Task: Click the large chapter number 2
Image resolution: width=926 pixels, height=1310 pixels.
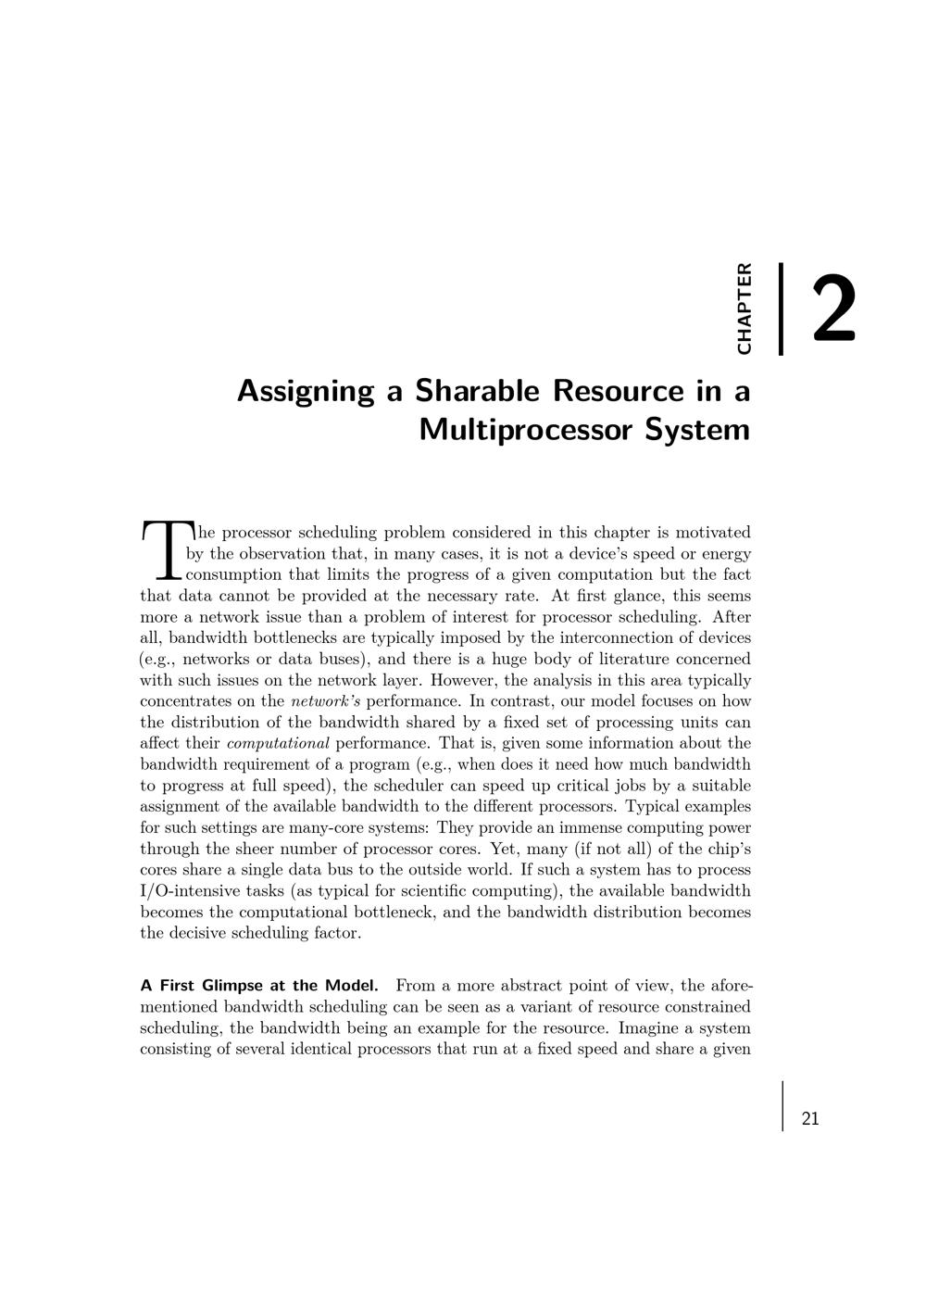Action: pos(833,309)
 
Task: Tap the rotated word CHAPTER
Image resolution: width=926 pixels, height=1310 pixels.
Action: pos(744,309)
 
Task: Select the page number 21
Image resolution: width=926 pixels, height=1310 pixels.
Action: pos(810,1118)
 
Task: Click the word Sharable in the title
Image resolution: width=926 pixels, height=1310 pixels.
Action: pos(477,390)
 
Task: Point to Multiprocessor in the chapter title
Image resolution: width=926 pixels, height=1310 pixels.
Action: pos(527,430)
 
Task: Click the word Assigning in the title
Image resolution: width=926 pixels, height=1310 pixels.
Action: pos(306,392)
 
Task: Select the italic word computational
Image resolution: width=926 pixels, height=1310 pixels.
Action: pos(278,743)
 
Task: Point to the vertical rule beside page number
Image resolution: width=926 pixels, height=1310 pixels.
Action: pos(782,1105)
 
